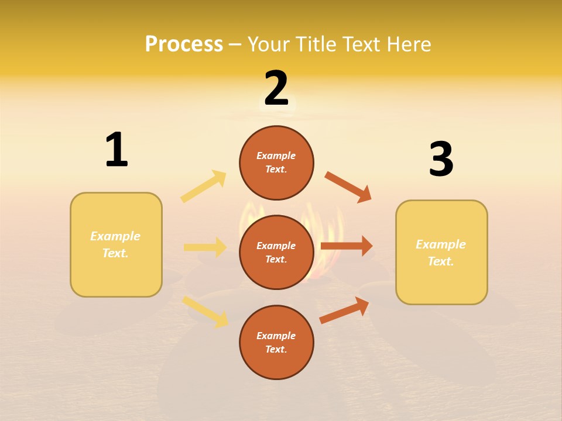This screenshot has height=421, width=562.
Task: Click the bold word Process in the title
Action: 184,44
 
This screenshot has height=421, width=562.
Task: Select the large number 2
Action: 276,88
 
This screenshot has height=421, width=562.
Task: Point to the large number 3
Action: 441,159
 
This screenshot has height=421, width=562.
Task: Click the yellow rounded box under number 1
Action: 116,244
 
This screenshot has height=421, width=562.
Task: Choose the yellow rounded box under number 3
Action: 441,252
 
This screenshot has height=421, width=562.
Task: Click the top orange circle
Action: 276,163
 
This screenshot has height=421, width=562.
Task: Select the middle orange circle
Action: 276,252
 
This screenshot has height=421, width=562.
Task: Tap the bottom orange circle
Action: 276,342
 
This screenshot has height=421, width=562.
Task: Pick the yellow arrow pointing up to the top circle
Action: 204,187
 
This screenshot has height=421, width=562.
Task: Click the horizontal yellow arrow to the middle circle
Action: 205,247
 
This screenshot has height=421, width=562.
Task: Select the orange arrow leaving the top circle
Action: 348,187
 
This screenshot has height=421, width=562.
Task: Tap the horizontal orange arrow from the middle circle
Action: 347,246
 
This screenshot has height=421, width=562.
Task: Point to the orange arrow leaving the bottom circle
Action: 345,310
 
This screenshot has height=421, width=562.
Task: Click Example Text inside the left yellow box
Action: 115,244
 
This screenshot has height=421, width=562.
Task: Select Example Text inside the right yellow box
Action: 441,253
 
